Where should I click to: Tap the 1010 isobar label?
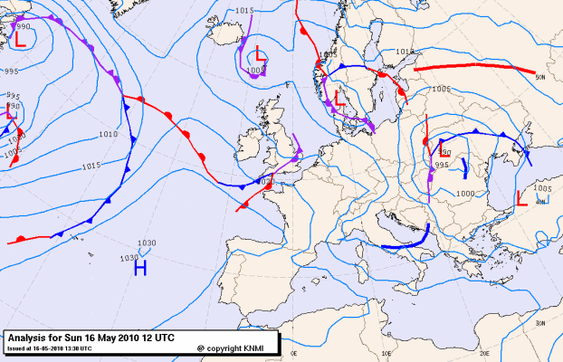point(109,134)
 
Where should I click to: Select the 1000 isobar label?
point(464,194)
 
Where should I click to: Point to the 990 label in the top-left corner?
point(24,27)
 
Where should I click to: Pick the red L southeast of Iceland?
point(260,52)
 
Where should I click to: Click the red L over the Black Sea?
point(521,197)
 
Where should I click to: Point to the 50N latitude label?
point(541,78)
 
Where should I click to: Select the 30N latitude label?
point(539,323)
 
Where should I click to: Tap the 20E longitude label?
point(483,354)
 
